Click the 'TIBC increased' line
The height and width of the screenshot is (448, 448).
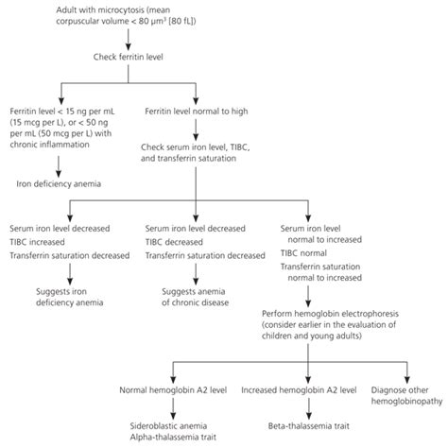click(x=43, y=242)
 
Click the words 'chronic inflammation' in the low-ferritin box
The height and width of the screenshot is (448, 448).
click(x=59, y=146)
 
